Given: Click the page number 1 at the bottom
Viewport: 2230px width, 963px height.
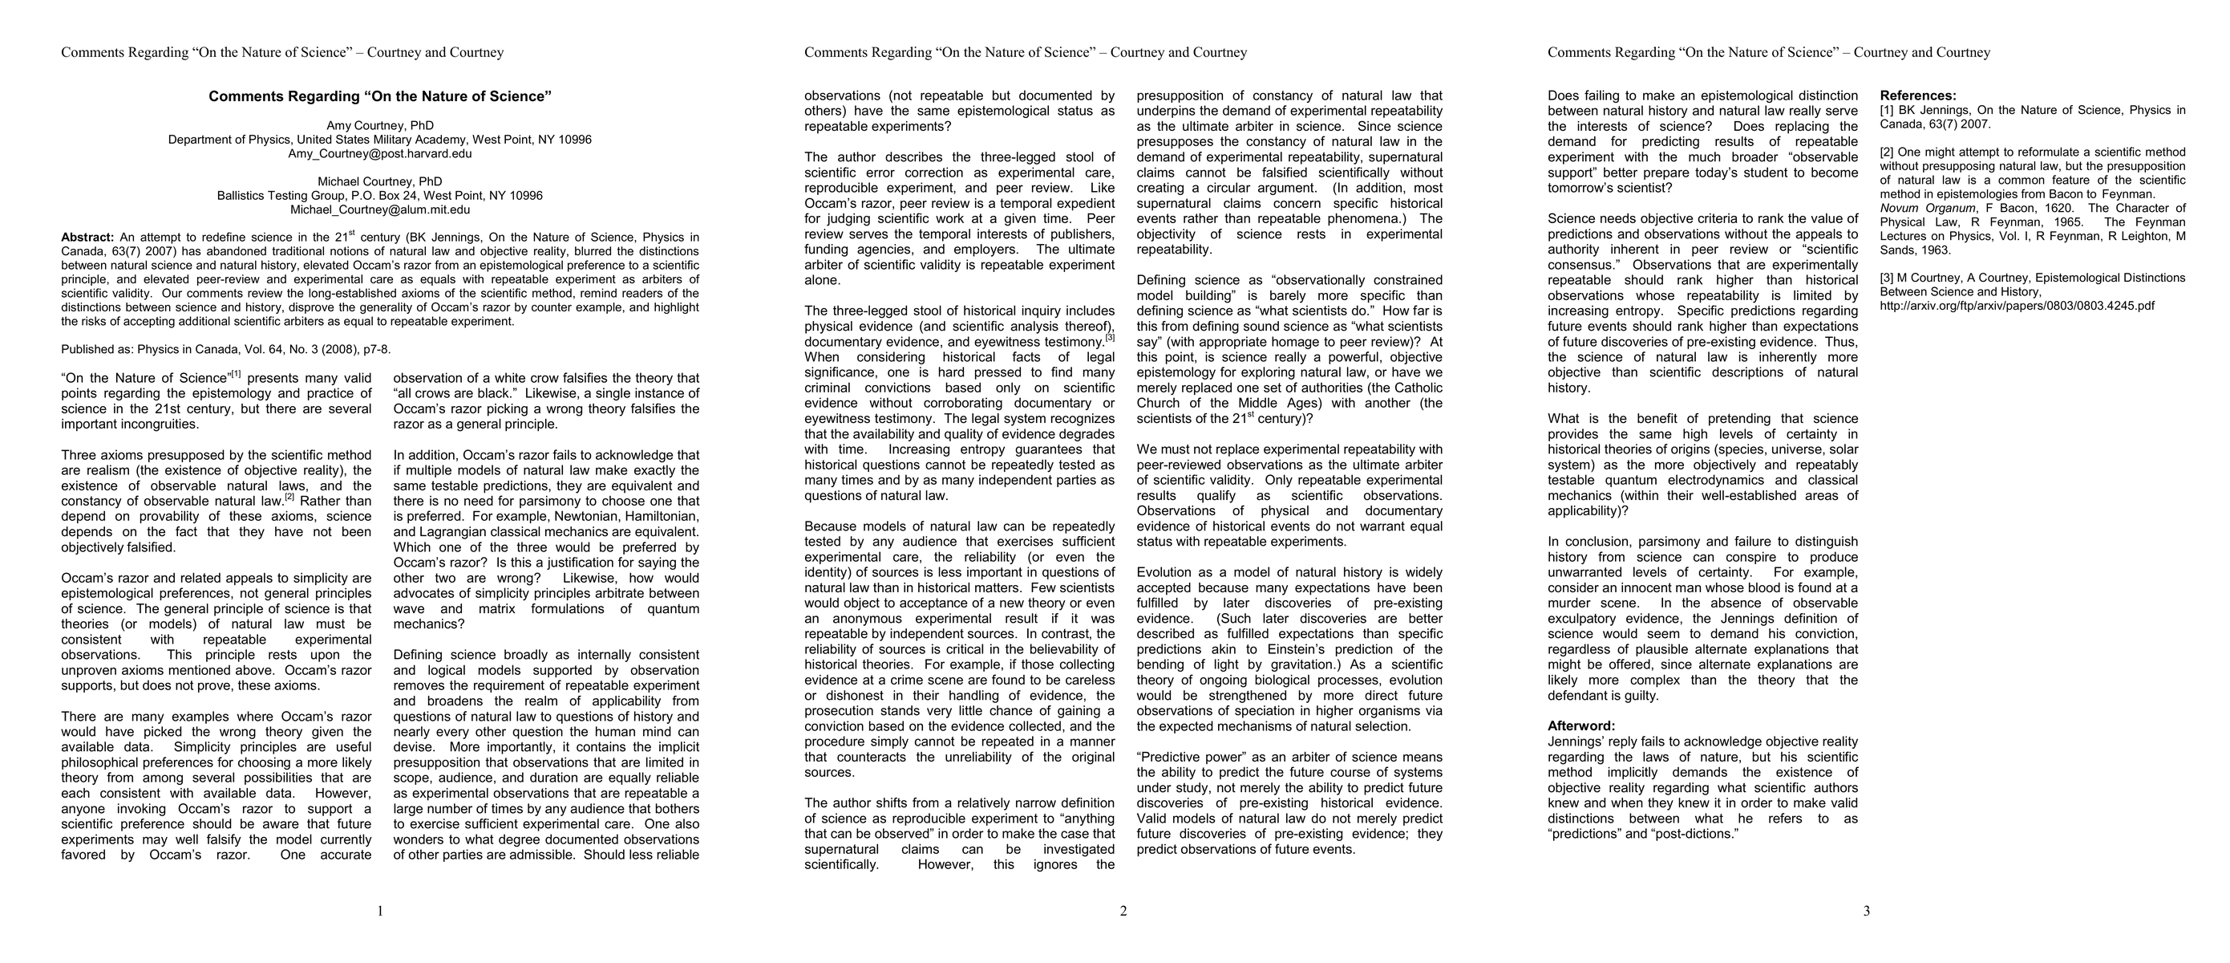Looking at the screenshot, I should click(x=380, y=911).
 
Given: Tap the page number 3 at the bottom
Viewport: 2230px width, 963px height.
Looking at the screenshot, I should click(x=1867, y=911).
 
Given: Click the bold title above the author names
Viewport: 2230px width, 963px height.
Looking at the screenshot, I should click(x=380, y=97).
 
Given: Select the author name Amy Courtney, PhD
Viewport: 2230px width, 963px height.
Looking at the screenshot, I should click(x=380, y=125).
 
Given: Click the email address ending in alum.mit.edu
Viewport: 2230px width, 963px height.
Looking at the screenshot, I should click(x=380, y=209).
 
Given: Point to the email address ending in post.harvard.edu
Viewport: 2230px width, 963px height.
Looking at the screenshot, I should click(x=380, y=154).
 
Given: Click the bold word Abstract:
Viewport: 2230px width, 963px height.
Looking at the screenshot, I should click(x=87, y=238).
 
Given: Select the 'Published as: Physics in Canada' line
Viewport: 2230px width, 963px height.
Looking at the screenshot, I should click(x=226, y=350).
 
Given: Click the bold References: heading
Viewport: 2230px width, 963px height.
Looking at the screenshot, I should click(x=1917, y=96).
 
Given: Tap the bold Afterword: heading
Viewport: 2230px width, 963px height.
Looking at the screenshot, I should click(x=1580, y=726).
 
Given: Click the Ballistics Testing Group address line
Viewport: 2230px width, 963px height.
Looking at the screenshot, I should click(x=380, y=196).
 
